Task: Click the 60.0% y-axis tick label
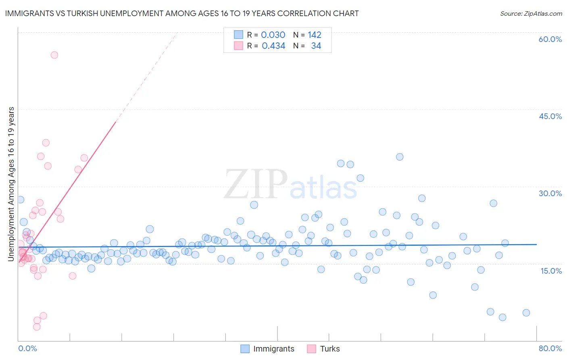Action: pyautogui.click(x=550, y=39)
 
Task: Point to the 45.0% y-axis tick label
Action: pyautogui.click(x=550, y=116)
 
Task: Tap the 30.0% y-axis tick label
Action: pyautogui.click(x=550, y=193)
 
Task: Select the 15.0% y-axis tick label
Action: pyautogui.click(x=551, y=271)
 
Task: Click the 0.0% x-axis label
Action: pyautogui.click(x=27, y=348)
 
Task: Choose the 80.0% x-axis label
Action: pyautogui.click(x=550, y=348)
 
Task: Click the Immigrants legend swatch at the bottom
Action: pyautogui.click(x=245, y=349)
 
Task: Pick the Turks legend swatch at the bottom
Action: pyautogui.click(x=311, y=349)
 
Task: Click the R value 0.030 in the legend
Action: pyautogui.click(x=273, y=35)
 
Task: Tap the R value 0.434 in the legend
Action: pyautogui.click(x=273, y=46)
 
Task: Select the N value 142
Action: pyautogui.click(x=315, y=35)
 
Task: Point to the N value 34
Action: pyautogui.click(x=316, y=46)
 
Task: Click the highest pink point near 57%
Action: pyautogui.click(x=54, y=55)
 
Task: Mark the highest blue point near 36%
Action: pyautogui.click(x=400, y=157)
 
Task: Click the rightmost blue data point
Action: pyautogui.click(x=526, y=313)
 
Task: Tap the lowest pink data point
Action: pyautogui.click(x=37, y=327)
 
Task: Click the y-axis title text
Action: pyautogui.click(x=11, y=184)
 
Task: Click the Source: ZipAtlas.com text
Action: pyautogui.click(x=531, y=13)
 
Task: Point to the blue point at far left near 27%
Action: pyautogui.click(x=21, y=200)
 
